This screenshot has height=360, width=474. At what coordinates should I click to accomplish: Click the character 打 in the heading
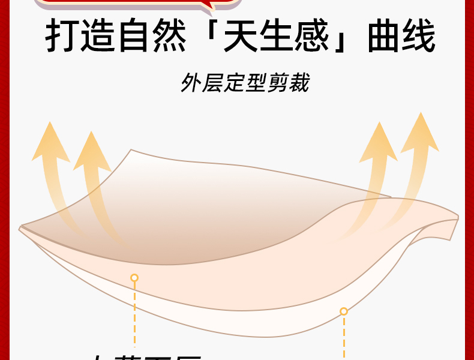tap(63, 38)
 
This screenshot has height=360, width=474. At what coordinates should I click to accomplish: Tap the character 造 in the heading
tap(101, 38)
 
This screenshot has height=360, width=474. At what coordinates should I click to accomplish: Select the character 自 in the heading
tap(140, 38)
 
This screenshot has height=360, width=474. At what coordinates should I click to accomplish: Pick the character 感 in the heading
tap(317, 38)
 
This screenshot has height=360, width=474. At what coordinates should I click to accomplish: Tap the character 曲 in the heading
tap(377, 38)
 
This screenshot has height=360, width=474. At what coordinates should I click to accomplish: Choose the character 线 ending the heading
tap(416, 38)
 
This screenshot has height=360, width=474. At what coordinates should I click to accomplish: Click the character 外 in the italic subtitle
tap(190, 83)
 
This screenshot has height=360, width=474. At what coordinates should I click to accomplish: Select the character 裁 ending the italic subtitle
tap(299, 83)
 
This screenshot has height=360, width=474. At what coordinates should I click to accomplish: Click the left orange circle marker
tap(134, 278)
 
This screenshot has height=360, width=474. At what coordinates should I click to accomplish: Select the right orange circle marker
tap(344, 311)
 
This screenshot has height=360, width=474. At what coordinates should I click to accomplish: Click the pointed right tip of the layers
tap(457, 217)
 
